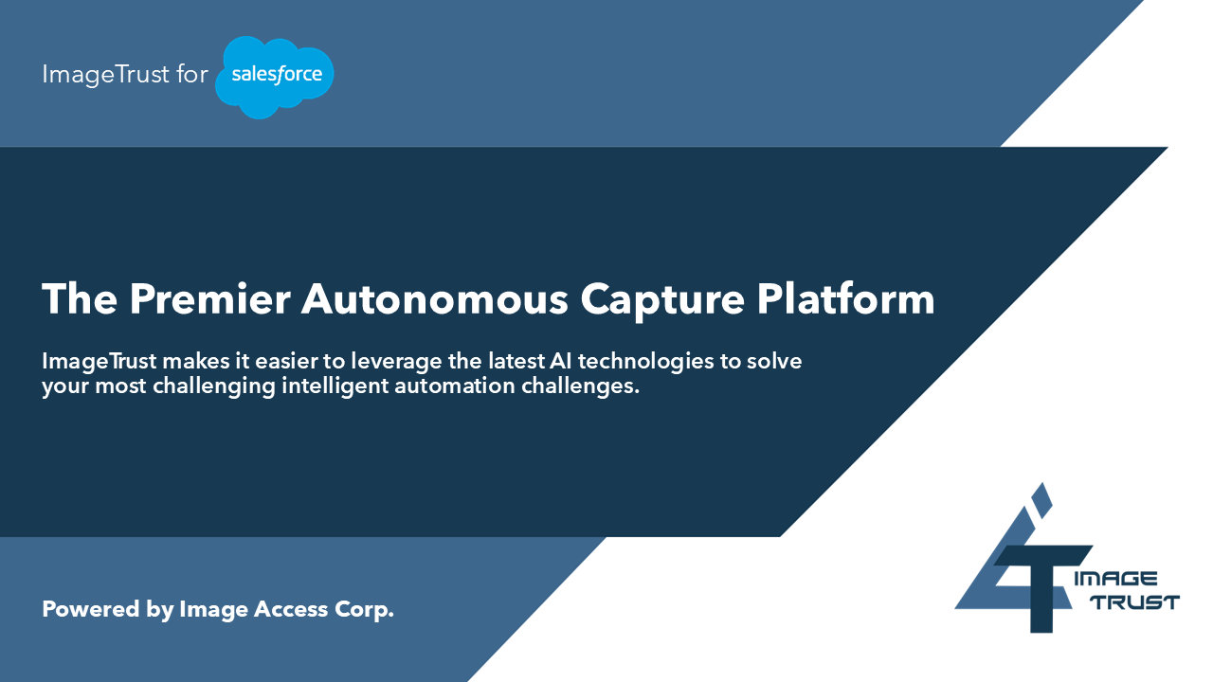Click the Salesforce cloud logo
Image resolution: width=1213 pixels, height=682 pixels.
coord(274,77)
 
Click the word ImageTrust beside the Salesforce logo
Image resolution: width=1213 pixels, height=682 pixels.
coord(105,75)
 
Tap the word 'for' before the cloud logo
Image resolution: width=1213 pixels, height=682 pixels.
coord(191,74)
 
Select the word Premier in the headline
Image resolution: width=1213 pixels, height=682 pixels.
coord(210,298)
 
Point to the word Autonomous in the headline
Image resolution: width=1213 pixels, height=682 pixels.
coord(435,298)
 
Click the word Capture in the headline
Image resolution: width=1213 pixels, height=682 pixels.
coord(662,301)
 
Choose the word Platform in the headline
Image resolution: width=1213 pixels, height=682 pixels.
coord(845,297)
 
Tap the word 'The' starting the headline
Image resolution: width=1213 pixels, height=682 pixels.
coord(80,298)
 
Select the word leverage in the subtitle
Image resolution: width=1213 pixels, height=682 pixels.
coord(396,363)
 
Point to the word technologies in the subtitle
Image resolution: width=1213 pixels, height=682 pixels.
coord(645,363)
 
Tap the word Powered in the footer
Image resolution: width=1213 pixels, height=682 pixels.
coord(91,609)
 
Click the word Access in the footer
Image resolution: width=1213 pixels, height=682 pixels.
coord(291,609)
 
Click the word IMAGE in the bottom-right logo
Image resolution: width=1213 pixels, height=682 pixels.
coord(1116,579)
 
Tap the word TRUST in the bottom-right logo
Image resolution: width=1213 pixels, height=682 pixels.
coord(1135,602)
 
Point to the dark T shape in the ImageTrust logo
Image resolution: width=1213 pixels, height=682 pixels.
coord(1041,589)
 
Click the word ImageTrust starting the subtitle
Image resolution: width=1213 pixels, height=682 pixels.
coord(100,363)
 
